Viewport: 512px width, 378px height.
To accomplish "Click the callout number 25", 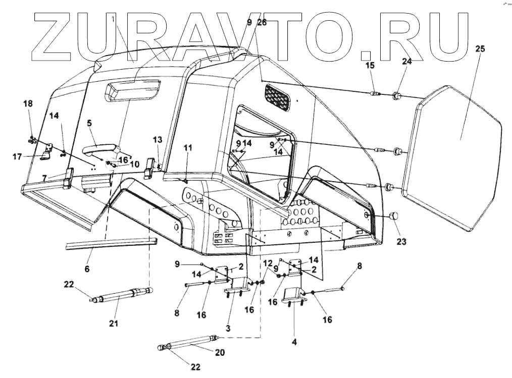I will pos(480,49).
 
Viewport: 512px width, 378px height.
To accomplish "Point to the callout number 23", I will pos(401,241).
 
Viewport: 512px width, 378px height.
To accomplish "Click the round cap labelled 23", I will pos(393,216).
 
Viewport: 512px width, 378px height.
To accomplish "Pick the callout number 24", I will pos(406,62).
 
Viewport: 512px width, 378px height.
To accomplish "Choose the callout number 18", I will pos(27,103).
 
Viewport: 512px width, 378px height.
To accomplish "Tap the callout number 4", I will pos(294,342).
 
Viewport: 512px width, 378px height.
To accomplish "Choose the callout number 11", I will pos(188,148).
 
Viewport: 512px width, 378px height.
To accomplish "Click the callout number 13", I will pos(158,139).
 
